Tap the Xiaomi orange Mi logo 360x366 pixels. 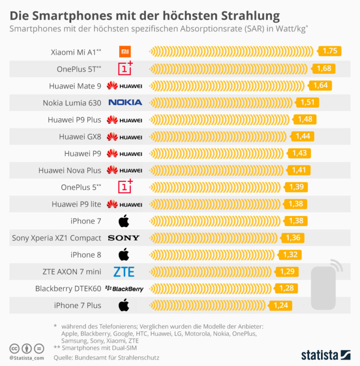pos(125,52)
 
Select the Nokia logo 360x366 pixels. pos(125,102)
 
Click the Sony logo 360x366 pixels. pos(124,238)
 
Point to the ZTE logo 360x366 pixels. pos(124,271)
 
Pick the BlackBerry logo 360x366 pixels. pos(125,289)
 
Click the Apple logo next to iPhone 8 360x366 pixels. pos(124,254)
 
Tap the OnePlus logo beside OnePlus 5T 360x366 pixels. pos(125,68)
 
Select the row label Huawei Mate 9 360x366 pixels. pos(75,86)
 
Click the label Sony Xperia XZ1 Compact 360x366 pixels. pos(57,238)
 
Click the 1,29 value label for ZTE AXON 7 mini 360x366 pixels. pos(287,271)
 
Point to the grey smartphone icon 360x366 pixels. pos(324,287)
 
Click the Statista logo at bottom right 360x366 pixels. pos(325,354)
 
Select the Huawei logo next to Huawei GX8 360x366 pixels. pos(125,136)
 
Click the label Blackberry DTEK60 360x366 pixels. pos(68,289)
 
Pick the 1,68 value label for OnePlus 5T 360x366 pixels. pos(324,68)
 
